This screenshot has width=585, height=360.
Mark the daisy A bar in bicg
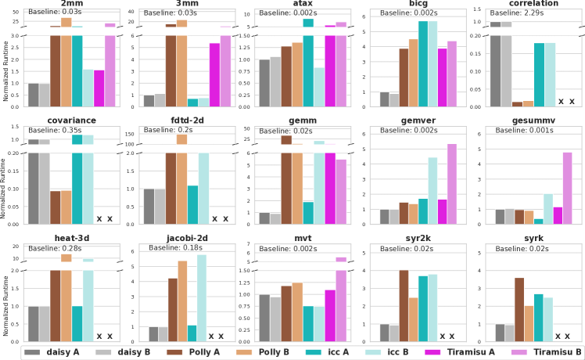(384, 99)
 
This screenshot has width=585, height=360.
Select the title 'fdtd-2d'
(187, 121)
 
